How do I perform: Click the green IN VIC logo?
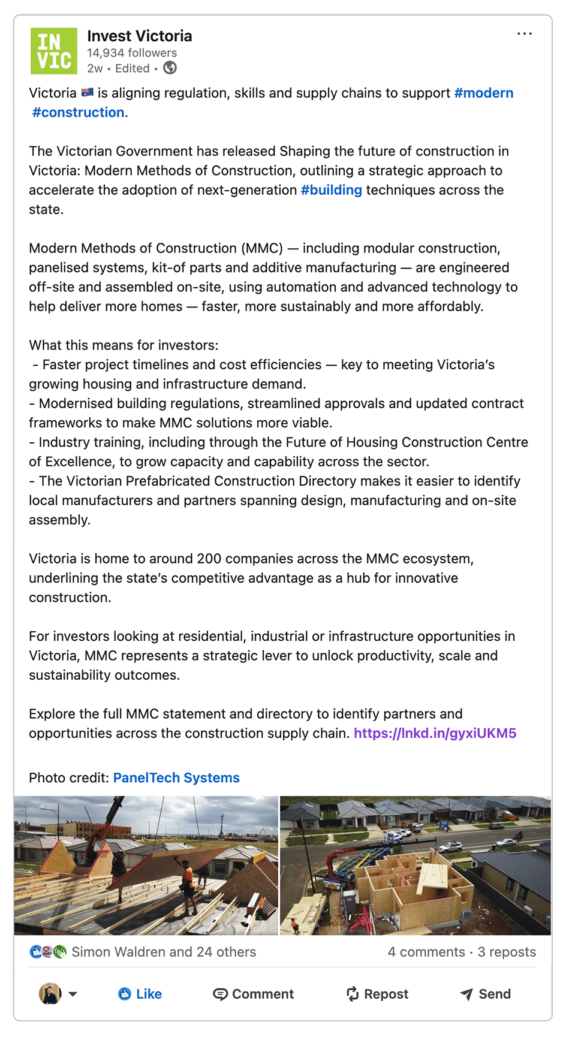click(x=54, y=51)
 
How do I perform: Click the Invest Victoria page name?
click(x=140, y=36)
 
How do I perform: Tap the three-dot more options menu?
click(x=524, y=34)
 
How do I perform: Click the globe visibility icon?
click(x=170, y=68)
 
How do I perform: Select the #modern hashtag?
click(x=483, y=93)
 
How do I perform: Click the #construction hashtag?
click(x=78, y=112)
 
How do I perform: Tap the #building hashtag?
click(x=331, y=190)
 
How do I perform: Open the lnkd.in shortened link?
click(x=435, y=733)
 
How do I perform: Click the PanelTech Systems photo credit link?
click(x=176, y=777)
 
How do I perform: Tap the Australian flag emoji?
click(x=88, y=93)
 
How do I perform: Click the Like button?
click(x=140, y=994)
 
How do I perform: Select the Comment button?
click(x=253, y=994)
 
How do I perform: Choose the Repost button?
click(x=377, y=994)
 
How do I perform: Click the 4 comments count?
click(x=426, y=952)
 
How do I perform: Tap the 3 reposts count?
click(x=507, y=952)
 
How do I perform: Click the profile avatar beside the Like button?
click(x=50, y=994)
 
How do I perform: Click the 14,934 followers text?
click(x=132, y=53)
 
